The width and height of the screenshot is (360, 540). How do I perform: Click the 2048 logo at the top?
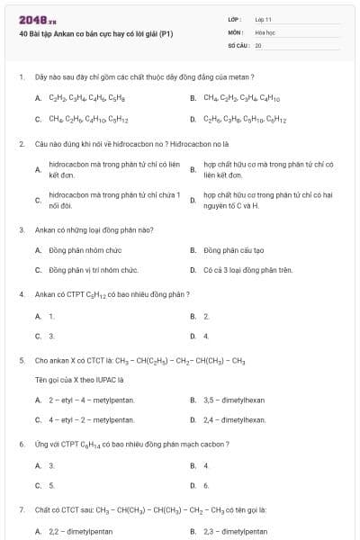point(31,19)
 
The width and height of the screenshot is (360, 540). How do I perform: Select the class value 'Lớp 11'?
point(263,19)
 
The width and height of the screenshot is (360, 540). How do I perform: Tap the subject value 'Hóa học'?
point(264,31)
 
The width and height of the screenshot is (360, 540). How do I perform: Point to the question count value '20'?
point(258,44)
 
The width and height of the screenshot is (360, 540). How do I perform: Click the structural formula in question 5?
point(180,360)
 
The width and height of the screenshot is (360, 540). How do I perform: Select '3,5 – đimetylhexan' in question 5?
point(234,400)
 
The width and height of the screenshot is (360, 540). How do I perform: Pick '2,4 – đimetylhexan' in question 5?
point(234,419)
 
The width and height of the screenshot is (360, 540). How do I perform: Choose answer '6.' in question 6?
point(206,485)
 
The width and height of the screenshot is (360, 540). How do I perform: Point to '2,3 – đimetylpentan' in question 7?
point(235,531)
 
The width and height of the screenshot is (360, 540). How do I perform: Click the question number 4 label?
point(21,294)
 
